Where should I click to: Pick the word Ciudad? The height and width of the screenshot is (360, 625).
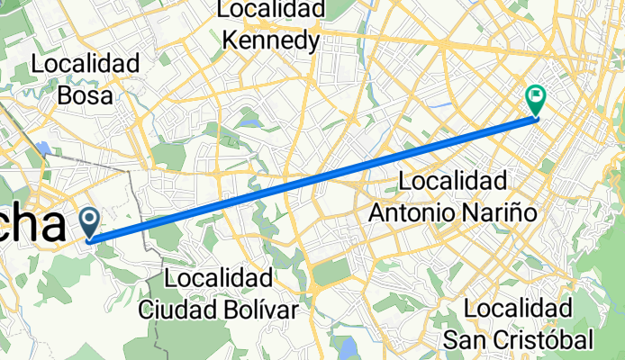179,309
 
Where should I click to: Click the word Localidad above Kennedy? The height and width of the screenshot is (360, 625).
270,10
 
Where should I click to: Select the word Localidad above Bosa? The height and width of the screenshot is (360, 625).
85,64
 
